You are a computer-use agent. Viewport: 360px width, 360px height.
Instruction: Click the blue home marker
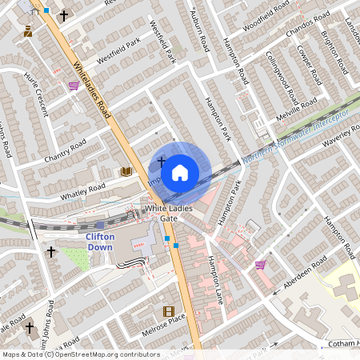[x=180, y=172]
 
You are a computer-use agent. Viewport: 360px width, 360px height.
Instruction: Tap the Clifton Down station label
[x=101, y=242]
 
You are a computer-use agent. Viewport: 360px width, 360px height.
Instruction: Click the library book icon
[x=126, y=171]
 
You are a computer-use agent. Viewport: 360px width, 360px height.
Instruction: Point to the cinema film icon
[x=168, y=311]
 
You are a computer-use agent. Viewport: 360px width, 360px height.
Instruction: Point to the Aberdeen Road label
[x=303, y=272]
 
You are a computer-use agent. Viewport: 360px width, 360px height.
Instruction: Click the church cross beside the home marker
[x=162, y=162]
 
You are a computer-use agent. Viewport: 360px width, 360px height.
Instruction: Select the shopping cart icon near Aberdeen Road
[x=259, y=264]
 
